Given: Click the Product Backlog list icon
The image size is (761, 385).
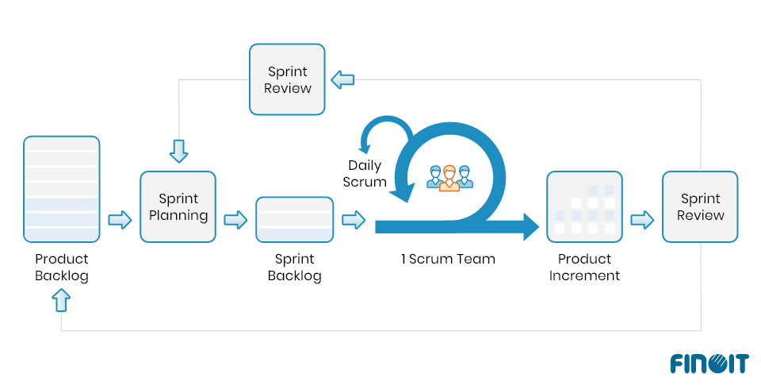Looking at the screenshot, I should click(x=62, y=189).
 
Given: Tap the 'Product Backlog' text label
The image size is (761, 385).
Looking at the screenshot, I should click(x=62, y=268).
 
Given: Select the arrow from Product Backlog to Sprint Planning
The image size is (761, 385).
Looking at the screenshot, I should click(x=120, y=220).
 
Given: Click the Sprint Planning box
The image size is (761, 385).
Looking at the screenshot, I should click(x=178, y=206).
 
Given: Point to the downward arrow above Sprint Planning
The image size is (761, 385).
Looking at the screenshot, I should click(x=179, y=150).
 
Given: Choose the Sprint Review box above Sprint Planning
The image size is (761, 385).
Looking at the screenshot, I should click(x=287, y=79).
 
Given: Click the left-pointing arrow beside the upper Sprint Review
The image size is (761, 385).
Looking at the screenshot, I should click(x=342, y=79).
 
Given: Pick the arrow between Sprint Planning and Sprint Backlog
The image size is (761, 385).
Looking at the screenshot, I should click(x=235, y=220).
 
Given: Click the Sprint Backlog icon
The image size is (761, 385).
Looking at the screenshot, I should click(x=294, y=219).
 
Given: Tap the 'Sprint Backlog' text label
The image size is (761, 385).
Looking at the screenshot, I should click(x=294, y=268).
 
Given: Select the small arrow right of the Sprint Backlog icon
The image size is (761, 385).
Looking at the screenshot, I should click(x=354, y=220).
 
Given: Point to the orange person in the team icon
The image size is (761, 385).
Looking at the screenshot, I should click(x=449, y=177).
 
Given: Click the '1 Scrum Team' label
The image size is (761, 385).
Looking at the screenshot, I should click(x=449, y=259).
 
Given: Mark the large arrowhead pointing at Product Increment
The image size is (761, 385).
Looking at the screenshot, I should click(x=530, y=226).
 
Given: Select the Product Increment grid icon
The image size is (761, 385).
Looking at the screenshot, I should click(x=584, y=206).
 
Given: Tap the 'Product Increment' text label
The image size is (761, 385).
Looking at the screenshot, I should click(x=584, y=268).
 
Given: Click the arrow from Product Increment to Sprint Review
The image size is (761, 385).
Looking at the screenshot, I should click(x=642, y=220).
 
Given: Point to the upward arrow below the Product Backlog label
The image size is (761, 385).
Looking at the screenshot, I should click(x=62, y=300).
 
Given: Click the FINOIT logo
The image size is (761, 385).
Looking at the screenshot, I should click(x=709, y=363).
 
